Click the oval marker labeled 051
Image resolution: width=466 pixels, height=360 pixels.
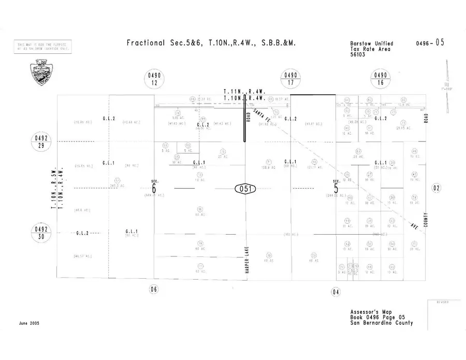(x=245, y=189)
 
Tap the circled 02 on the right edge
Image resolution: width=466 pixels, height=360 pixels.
(x=436, y=189)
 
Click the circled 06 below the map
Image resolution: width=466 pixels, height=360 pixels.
(x=153, y=289)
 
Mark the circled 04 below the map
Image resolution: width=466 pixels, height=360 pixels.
(x=336, y=292)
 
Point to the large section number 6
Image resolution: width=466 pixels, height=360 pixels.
(x=154, y=189)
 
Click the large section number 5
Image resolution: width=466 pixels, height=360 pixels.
(x=336, y=189)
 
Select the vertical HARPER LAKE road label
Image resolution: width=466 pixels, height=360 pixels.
(x=248, y=260)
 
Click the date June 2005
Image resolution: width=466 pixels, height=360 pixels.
(x=29, y=323)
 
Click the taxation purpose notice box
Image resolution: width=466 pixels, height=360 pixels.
(x=43, y=47)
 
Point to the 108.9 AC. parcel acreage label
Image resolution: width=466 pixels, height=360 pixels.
(x=268, y=168)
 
